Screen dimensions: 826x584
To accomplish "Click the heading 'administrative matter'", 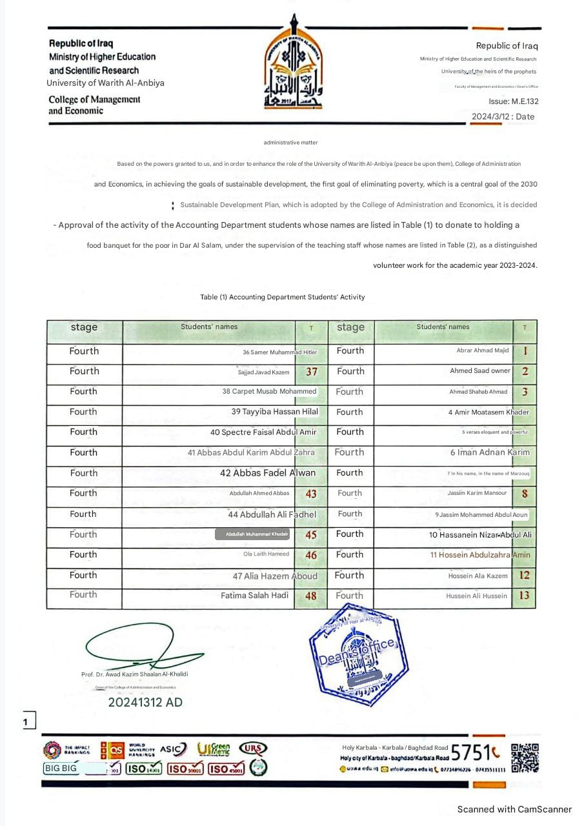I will click(x=290, y=142).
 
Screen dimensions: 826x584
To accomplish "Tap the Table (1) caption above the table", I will click(x=283, y=297).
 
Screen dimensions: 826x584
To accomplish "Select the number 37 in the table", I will click(x=311, y=372).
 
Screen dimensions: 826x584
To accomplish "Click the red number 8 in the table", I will click(x=525, y=494).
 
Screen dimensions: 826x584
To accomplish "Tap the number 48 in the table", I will click(x=311, y=596).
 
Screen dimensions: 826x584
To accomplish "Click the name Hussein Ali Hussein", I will click(x=476, y=596).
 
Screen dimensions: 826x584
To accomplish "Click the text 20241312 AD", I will click(x=145, y=702).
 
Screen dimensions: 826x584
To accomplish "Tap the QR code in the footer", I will click(x=524, y=758).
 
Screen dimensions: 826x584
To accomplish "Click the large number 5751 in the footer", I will click(x=475, y=752).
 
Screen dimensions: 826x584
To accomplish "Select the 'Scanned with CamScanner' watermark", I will click(x=514, y=809).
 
